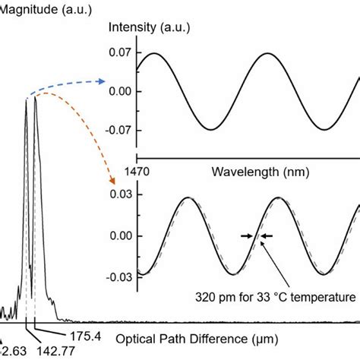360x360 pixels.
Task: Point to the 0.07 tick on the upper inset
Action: (x=122, y=52)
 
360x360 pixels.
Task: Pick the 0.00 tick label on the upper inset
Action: (x=122, y=91)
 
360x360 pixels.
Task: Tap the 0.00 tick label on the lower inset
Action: (x=122, y=235)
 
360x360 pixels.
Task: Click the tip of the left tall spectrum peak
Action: (x=27, y=100)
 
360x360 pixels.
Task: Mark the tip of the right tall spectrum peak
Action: (x=36, y=98)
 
